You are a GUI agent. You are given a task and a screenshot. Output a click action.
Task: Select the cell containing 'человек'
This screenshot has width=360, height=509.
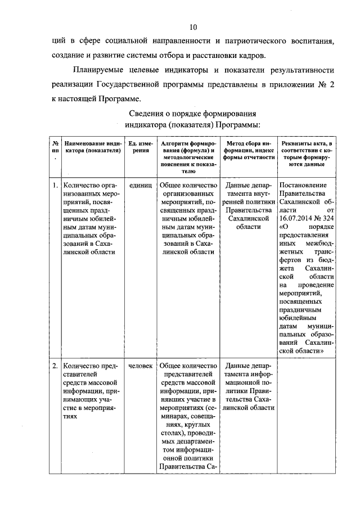(x=140, y=366)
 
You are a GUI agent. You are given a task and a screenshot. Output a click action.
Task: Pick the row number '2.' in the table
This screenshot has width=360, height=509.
(x=55, y=366)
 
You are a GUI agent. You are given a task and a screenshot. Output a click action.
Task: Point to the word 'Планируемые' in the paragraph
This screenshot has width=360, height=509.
(x=99, y=71)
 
